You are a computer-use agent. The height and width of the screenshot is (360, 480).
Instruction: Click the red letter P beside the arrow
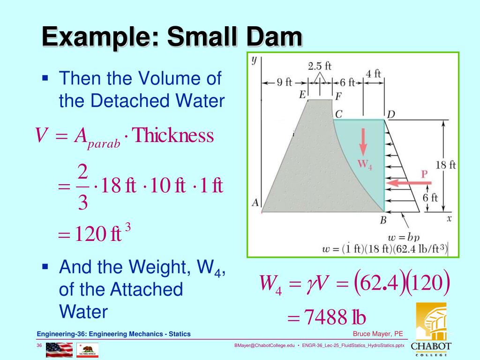424,174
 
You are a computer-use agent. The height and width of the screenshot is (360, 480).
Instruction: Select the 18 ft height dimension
445,165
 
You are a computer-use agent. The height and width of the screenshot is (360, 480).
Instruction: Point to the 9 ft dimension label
284,82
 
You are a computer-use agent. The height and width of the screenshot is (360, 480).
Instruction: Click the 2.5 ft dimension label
320,66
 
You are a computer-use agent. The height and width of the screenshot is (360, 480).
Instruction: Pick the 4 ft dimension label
374,74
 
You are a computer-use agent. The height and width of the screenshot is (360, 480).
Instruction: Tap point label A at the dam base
255,202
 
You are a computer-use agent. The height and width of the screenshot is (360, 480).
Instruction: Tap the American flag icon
59,349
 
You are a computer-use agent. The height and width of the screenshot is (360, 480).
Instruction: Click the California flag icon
87,349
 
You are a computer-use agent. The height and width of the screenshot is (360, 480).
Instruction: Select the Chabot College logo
431,330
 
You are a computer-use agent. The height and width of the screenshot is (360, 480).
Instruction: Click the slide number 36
40,346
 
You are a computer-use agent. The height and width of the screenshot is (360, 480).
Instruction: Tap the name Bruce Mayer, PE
378,334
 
